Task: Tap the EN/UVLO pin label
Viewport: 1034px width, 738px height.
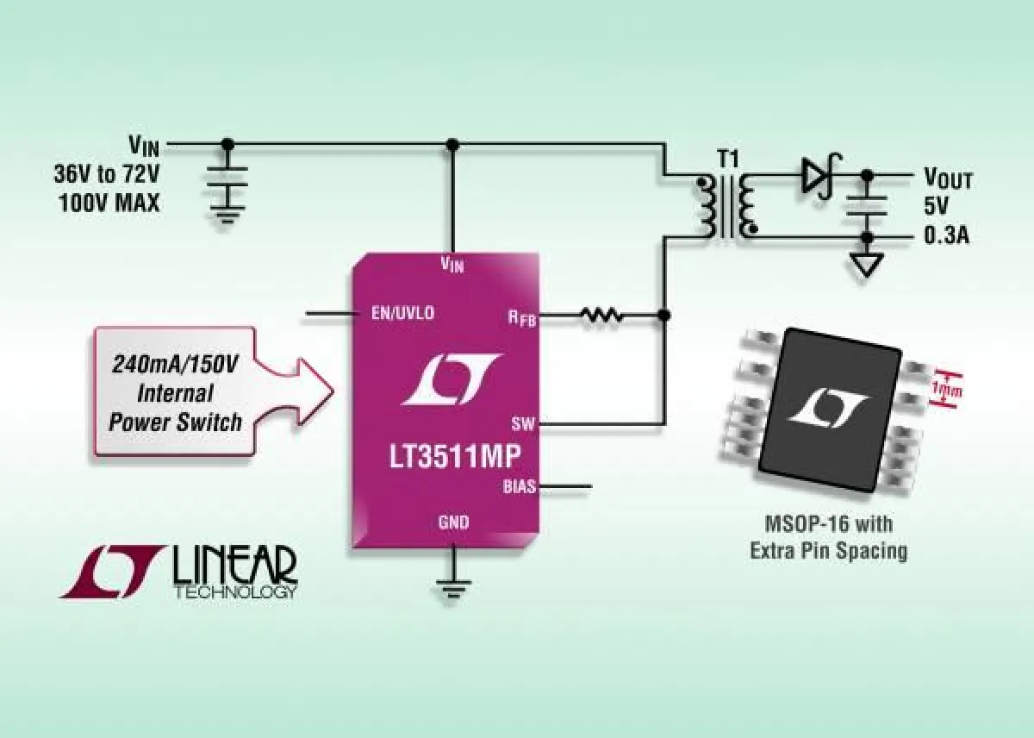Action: coord(402,313)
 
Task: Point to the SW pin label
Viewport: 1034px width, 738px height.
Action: coord(523,423)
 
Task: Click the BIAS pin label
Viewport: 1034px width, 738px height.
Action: coord(520,487)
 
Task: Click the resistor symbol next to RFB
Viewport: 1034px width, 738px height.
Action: coord(601,316)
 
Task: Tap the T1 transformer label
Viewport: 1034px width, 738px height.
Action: coord(728,159)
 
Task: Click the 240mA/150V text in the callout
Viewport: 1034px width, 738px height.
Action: coord(176,366)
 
